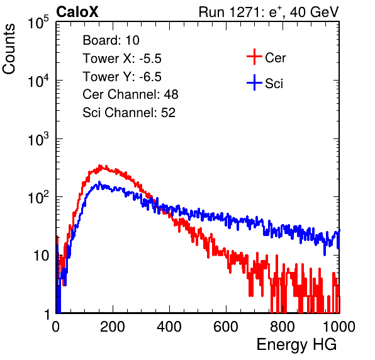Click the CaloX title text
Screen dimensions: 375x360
(77, 12)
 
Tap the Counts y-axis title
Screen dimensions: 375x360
(9, 49)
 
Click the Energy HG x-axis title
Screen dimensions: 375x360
(296, 345)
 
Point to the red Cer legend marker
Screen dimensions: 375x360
(254, 57)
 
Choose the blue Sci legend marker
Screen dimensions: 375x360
(254, 82)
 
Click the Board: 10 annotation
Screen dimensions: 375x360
(111, 40)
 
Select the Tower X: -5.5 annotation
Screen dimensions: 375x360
(122, 59)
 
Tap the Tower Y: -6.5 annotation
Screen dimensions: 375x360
(122, 77)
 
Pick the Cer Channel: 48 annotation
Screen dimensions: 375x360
(130, 94)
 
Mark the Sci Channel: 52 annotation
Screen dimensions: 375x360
(129, 113)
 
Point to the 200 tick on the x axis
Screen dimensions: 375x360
(113, 327)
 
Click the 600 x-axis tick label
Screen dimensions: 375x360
(226, 327)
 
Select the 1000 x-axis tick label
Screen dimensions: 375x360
(339, 327)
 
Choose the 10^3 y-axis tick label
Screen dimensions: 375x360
(38, 140)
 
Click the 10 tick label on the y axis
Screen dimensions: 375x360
(42, 256)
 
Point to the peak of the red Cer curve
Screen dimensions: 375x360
(101, 166)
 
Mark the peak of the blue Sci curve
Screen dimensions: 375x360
(99, 183)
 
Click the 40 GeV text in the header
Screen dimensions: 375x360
(314, 12)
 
